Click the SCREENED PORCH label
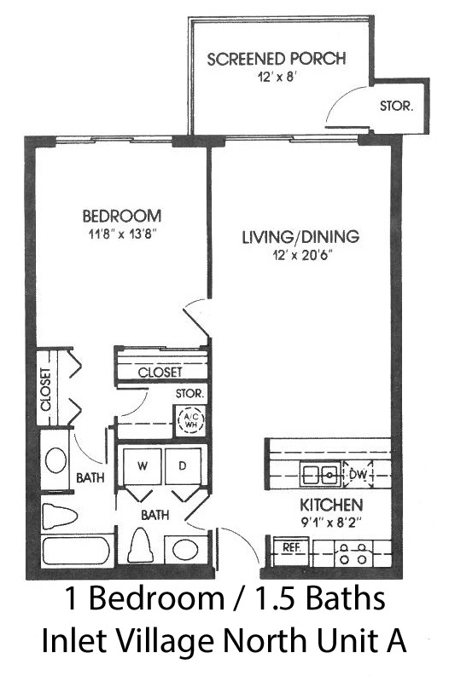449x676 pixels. (277, 59)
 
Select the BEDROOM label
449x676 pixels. (122, 215)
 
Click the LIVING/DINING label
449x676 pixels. (300, 236)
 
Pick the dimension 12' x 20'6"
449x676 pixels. (304, 256)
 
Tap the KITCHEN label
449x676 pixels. (331, 505)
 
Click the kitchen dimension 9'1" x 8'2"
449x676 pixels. (330, 523)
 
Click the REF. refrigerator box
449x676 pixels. (292, 552)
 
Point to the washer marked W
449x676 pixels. (142, 466)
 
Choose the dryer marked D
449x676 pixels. (182, 466)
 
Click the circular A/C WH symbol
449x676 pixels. (191, 420)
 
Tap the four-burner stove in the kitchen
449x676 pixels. (353, 553)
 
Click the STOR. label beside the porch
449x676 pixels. (396, 106)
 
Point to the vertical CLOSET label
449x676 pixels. (46, 390)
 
